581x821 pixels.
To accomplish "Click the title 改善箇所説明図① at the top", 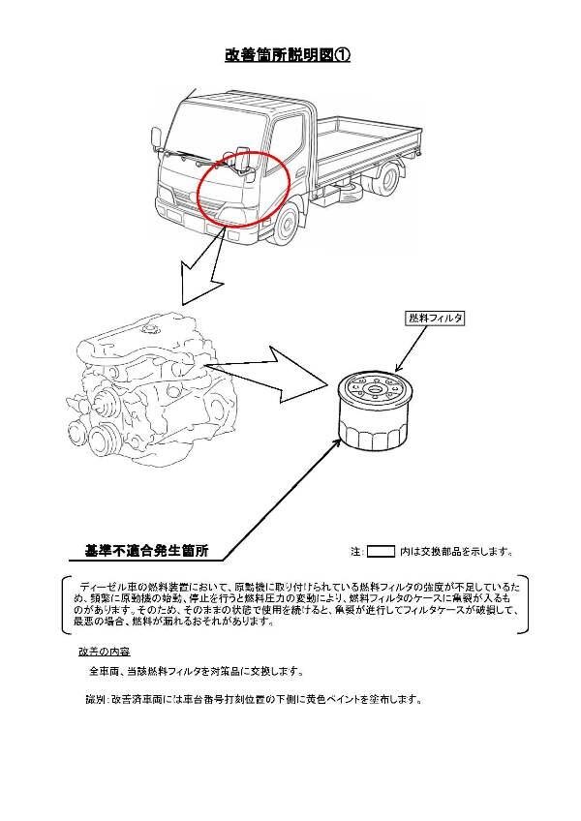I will pos(288,55).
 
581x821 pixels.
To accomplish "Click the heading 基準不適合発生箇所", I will pos(145,551).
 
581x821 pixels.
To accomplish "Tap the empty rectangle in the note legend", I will pos(382,552).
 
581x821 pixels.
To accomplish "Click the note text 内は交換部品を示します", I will pos(455,552).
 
